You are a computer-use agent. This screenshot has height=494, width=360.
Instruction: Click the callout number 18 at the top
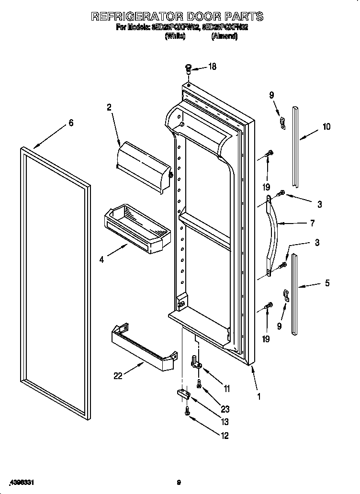[212, 67]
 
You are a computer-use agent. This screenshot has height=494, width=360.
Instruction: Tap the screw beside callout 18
[188, 69]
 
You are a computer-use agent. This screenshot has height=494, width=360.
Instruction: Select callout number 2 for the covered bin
[109, 108]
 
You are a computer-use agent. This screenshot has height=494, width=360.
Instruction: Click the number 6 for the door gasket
[71, 123]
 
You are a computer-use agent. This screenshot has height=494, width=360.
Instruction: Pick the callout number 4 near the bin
[102, 260]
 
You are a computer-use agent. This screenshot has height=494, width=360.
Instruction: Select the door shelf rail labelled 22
[143, 347]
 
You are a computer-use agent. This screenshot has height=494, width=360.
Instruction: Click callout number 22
[118, 376]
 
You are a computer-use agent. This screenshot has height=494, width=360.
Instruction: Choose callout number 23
[225, 409]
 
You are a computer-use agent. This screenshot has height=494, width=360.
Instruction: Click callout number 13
[225, 422]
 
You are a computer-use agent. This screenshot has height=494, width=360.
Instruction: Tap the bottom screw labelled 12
[187, 411]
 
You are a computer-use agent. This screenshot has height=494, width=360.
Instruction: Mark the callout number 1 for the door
[259, 396]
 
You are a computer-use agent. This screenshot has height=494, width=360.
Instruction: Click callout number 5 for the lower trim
[327, 283]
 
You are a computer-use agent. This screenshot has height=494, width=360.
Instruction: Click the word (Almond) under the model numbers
[224, 37]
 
